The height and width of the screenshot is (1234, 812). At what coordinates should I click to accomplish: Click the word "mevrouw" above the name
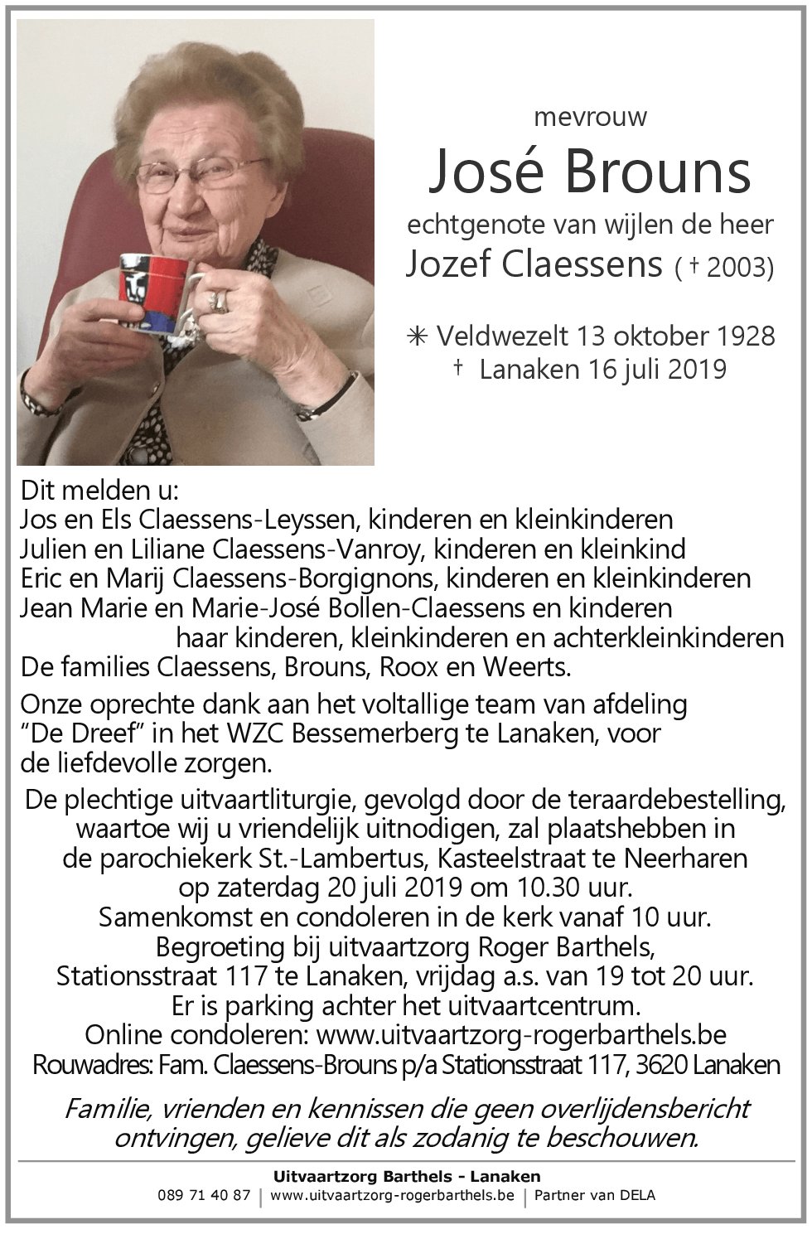point(591,117)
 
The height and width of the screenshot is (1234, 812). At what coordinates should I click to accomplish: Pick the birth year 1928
point(735,336)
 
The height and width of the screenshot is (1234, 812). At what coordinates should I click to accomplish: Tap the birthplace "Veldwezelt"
point(502,336)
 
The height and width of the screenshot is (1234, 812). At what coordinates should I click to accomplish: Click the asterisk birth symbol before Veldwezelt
point(417,336)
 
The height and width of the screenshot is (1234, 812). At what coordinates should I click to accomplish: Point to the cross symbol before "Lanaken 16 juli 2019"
point(458,368)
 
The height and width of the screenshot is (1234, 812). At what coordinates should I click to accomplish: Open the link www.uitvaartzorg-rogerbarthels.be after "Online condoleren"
point(521,1035)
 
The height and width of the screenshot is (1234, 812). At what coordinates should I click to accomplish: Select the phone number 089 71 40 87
point(204,1195)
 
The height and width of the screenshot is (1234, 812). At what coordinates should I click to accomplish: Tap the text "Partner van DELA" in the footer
point(594,1195)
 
